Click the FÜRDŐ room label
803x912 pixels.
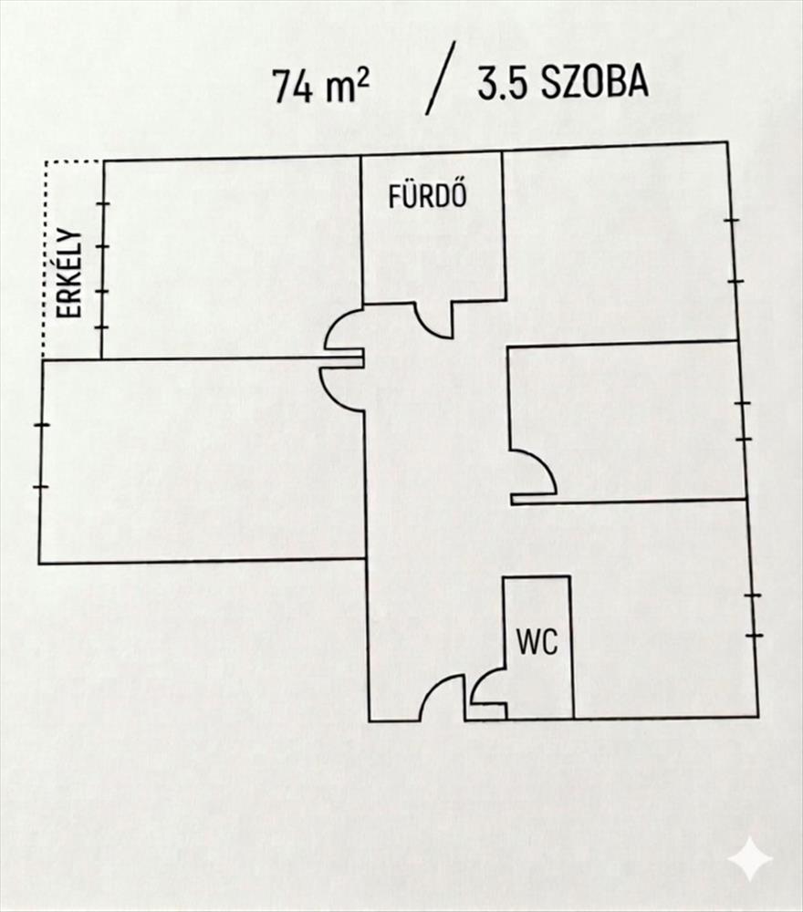pos(428,197)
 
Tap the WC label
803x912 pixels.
pos(537,642)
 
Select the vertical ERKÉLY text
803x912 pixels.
pos(70,274)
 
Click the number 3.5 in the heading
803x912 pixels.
pos(499,83)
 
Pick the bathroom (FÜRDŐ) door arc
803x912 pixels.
pos(433,320)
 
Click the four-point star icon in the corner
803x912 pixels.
pos(749,858)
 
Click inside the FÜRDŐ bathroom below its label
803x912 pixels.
pos(433,255)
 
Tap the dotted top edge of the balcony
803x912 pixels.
pos(72,162)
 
